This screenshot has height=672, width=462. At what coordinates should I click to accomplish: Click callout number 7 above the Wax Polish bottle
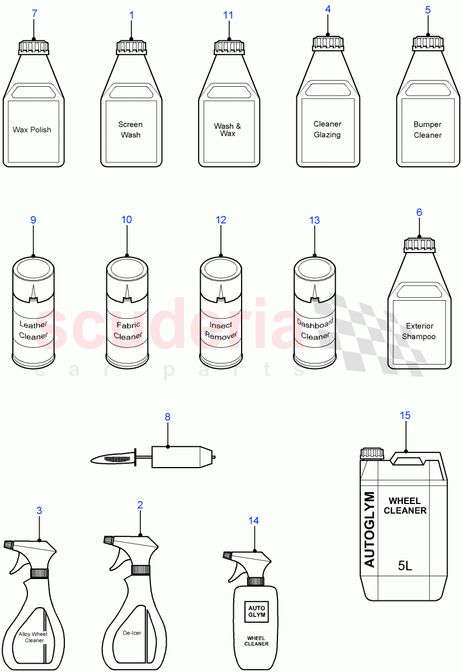35,14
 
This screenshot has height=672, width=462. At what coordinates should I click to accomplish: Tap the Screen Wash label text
130,129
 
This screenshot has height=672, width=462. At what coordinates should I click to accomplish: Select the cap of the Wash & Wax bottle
229,46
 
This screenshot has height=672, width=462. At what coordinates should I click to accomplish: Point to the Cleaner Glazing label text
327,129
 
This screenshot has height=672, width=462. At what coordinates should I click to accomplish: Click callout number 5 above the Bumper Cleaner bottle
428,10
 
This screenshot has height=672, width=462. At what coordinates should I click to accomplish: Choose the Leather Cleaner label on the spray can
34,330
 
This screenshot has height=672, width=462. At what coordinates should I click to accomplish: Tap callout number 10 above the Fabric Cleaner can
127,220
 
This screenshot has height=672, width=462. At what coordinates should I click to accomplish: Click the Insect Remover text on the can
221,330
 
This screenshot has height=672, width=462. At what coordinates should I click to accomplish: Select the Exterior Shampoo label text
419,331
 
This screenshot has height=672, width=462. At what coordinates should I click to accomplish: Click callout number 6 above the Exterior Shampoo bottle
419,212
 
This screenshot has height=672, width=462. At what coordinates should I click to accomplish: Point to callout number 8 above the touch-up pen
167,417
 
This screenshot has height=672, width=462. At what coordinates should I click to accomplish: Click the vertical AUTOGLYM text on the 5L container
369,529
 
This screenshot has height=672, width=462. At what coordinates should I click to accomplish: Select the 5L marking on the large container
405,566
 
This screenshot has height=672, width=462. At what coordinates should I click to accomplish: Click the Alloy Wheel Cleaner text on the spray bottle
33,637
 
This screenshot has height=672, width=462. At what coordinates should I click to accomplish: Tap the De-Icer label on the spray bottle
132,633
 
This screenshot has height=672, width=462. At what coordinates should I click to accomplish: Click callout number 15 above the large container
406,415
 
